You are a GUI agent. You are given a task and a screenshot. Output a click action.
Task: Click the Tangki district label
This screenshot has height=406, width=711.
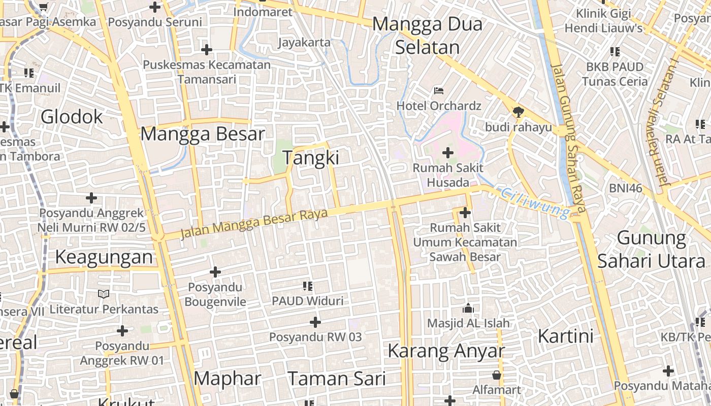click(311, 158)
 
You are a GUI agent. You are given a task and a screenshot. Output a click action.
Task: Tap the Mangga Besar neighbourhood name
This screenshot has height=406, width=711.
click(203, 134)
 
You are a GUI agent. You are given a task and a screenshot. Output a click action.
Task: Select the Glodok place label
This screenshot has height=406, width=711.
click(72, 117)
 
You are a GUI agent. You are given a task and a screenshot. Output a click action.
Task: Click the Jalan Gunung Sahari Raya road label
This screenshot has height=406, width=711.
click(569, 137)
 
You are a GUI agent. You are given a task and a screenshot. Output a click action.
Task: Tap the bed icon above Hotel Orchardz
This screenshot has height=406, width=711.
click(439, 91)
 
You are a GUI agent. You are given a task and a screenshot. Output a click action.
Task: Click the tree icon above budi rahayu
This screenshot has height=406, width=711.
click(518, 112)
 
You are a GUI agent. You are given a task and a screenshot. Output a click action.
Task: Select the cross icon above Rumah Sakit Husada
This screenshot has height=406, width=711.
click(448, 152)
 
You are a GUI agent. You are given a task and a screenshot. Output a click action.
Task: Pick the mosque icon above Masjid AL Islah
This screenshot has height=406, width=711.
click(468, 308)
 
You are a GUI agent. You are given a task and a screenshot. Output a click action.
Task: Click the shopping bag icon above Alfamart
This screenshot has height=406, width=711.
click(497, 375)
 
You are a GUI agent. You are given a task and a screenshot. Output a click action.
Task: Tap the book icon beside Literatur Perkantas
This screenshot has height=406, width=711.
click(104, 294)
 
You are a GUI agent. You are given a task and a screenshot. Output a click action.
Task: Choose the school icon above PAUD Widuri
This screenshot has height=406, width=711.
click(307, 286)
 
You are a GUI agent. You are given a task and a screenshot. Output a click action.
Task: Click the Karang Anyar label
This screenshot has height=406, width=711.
click(446, 351)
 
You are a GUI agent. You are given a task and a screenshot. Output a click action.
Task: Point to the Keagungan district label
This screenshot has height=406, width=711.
click(104, 257)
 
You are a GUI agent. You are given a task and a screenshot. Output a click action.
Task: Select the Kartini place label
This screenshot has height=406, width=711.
click(565, 336)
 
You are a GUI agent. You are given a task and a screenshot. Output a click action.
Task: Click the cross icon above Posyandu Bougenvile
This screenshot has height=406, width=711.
click(215, 273)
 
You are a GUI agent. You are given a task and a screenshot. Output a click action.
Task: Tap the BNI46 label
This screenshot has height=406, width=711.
click(626, 189)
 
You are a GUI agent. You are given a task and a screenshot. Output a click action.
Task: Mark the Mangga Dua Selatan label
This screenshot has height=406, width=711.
click(427, 36)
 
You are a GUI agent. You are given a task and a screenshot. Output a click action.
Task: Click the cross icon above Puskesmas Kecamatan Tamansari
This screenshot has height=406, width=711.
click(206, 50)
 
